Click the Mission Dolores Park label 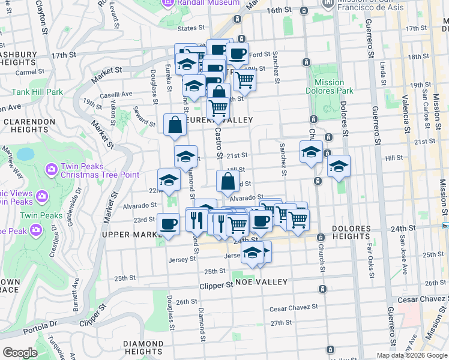point(329,87)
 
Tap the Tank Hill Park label point(37,92)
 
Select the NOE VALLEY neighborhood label point(254,281)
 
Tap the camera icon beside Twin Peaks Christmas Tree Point point(50,170)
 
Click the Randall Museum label point(204,2)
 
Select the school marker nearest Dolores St point(339,167)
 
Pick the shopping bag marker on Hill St point(227,181)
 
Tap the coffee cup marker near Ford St point(237,54)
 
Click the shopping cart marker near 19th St point(244,79)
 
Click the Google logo point(20,353)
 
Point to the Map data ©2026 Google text point(412,355)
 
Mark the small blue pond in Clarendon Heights point(26,154)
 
